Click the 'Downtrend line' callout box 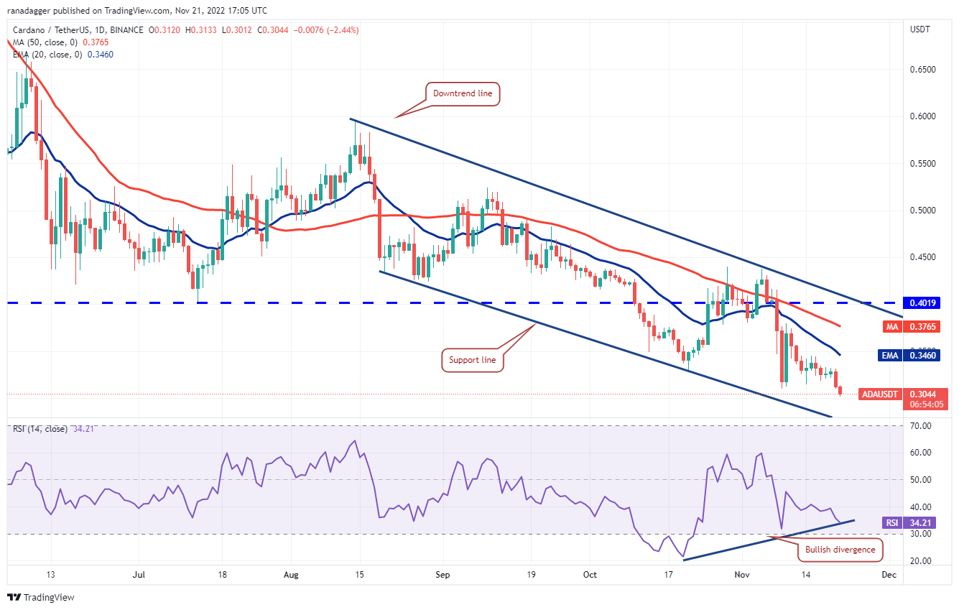pyautogui.click(x=463, y=94)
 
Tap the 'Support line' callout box pyautogui.click(x=472, y=360)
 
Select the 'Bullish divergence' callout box pyautogui.click(x=840, y=550)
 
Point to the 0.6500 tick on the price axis pyautogui.click(x=923, y=70)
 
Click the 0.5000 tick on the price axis pyautogui.click(x=923, y=211)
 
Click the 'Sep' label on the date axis pyautogui.click(x=443, y=575)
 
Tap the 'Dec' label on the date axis pyautogui.click(x=889, y=575)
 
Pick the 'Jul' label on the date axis pyautogui.click(x=139, y=575)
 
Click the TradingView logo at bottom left pyautogui.click(x=41, y=597)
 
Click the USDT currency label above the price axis pyautogui.click(x=920, y=29)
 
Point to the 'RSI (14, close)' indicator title pyautogui.click(x=40, y=429)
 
